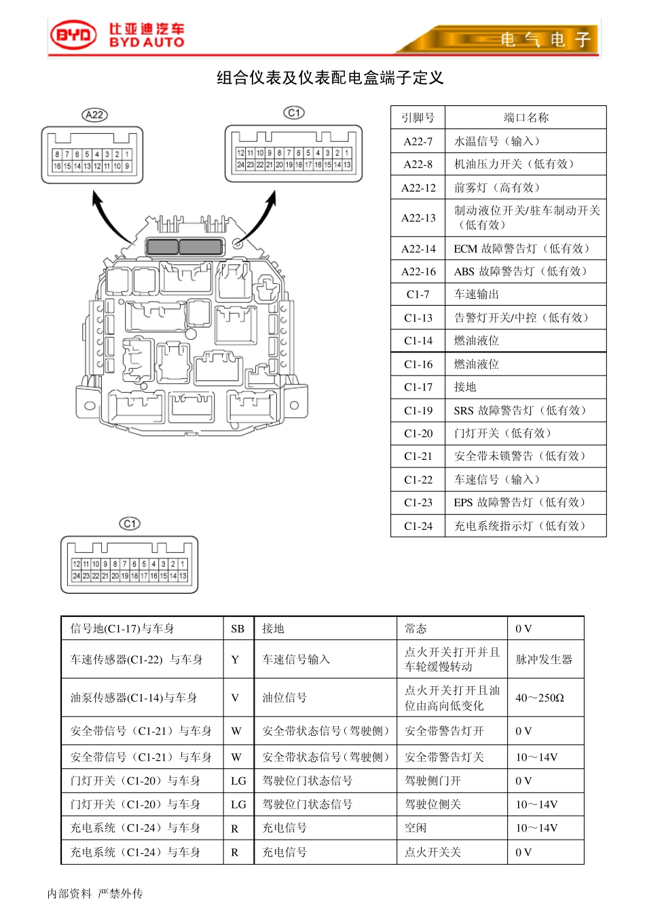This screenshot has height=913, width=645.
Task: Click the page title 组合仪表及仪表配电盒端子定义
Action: pyautogui.click(x=330, y=78)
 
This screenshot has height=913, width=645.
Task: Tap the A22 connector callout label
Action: pyautogui.click(x=94, y=115)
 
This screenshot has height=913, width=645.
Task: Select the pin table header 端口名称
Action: pyautogui.click(x=526, y=118)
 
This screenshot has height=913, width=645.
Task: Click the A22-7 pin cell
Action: pyautogui.click(x=418, y=141)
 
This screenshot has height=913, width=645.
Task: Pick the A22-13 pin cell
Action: pyautogui.click(x=418, y=218)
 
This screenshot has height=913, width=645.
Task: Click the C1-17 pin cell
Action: pyautogui.click(x=418, y=387)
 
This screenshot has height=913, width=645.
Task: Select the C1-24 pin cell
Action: pyautogui.click(x=418, y=526)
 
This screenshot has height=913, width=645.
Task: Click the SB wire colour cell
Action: pyautogui.click(x=238, y=629)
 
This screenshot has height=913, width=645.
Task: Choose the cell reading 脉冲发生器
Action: pyautogui.click(x=545, y=660)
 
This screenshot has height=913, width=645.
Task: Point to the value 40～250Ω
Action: pyautogui.click(x=540, y=698)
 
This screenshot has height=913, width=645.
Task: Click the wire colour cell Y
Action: pyautogui.click(x=235, y=660)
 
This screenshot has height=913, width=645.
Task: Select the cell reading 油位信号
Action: pyautogui.click(x=285, y=698)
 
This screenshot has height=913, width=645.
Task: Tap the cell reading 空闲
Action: pyautogui.click(x=416, y=828)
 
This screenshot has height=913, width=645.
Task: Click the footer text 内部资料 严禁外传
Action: pyautogui.click(x=95, y=893)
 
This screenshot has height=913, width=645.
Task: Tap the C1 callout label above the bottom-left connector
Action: pyautogui.click(x=130, y=524)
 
